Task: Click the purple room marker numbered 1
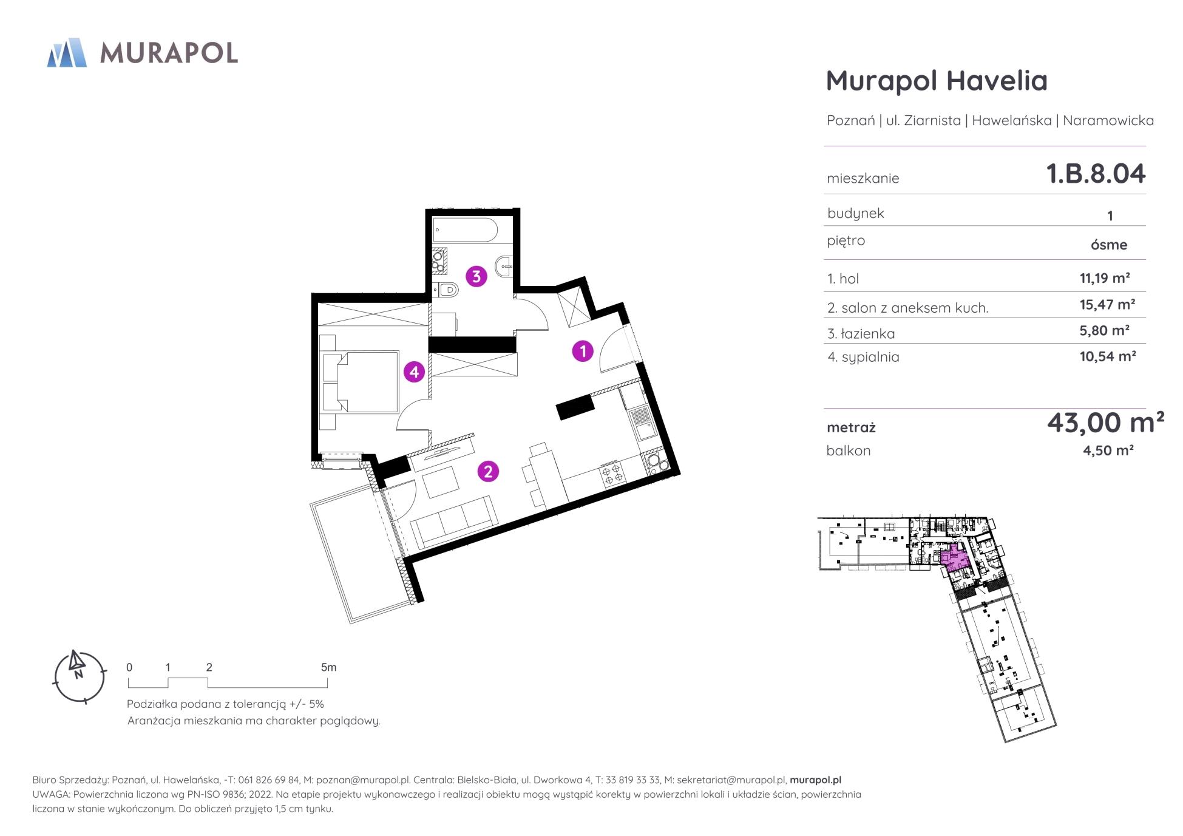point(583,351)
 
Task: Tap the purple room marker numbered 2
point(488,471)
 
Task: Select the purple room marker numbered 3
point(476,276)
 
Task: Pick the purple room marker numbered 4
point(415,371)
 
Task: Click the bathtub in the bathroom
point(466,231)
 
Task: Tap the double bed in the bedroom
point(359,382)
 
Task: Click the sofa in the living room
point(454,522)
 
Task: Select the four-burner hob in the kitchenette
point(611,473)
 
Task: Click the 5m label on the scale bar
point(328,667)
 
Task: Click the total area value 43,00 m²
point(1105,423)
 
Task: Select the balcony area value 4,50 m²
point(1108,450)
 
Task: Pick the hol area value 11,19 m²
point(1105,278)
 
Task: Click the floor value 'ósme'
point(1109,245)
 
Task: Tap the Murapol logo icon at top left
point(67,52)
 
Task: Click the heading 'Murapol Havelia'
point(937,81)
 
